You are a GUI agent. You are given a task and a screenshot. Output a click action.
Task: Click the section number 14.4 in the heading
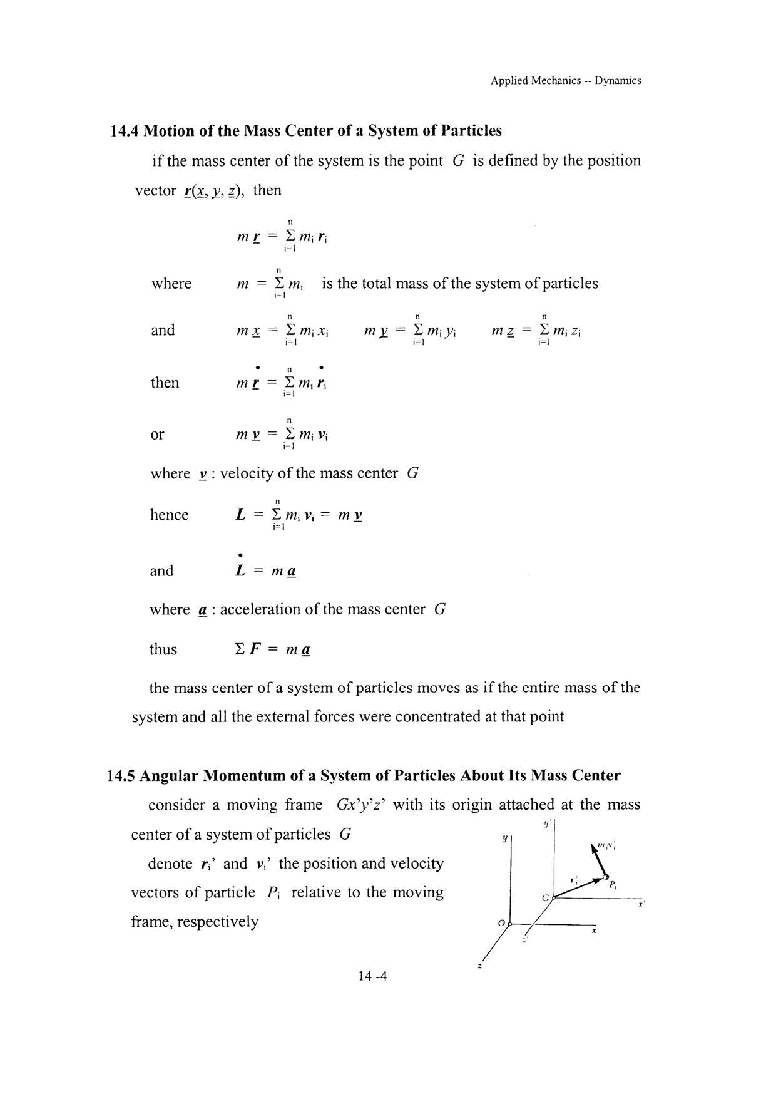[124, 131]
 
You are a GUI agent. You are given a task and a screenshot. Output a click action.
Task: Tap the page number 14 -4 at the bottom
[373, 976]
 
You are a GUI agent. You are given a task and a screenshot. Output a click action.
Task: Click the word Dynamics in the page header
[618, 80]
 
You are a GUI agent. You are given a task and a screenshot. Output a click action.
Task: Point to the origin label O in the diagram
[501, 923]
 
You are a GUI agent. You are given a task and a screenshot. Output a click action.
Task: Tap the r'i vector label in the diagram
[574, 879]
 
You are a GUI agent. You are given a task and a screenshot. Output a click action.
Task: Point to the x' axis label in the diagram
[641, 904]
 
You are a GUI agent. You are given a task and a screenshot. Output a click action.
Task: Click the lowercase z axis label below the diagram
[479, 966]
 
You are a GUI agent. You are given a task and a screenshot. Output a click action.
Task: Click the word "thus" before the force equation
[163, 649]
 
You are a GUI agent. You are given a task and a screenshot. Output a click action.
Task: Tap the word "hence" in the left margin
[169, 515]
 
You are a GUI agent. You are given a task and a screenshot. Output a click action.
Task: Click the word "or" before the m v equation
[157, 434]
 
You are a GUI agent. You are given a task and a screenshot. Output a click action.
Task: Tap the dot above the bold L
[240, 554]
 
